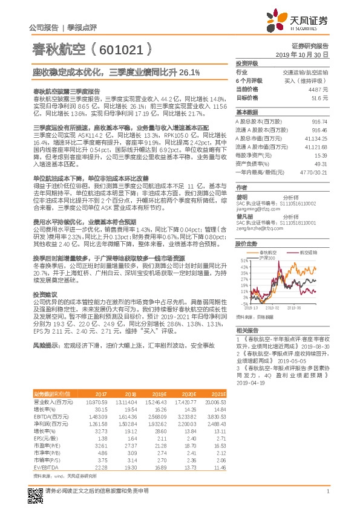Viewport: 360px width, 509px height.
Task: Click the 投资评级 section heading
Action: [x=246, y=63]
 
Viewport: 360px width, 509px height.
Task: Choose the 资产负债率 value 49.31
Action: [x=321, y=163]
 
